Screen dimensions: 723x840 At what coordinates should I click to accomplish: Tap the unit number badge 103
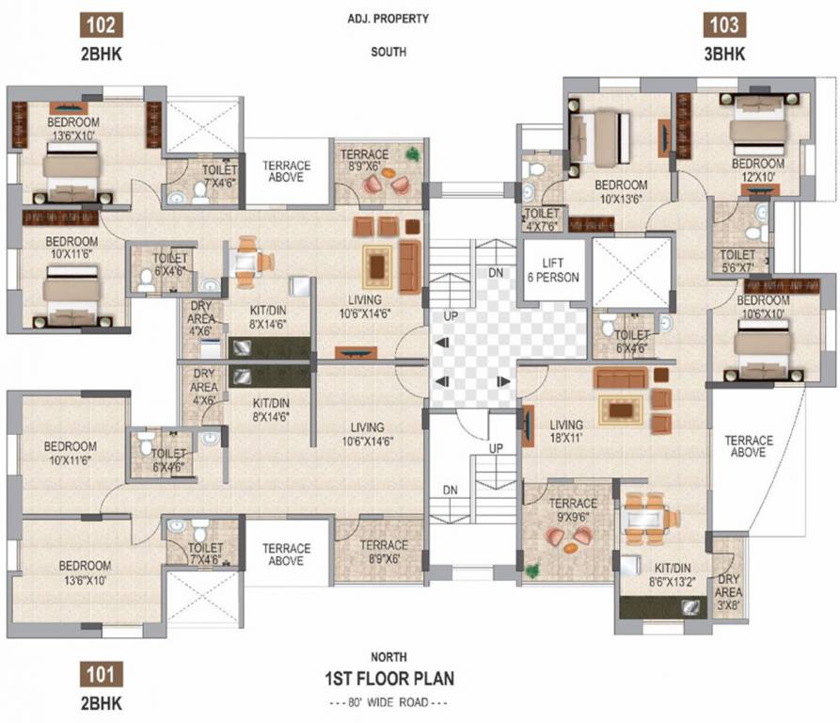coord(725,24)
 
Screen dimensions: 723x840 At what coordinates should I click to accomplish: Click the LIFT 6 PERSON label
coord(552,270)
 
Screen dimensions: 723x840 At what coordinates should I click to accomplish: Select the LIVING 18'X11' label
coord(566,431)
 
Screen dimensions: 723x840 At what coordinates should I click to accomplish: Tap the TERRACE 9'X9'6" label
coord(573,509)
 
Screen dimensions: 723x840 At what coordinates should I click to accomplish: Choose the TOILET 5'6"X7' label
coord(737,261)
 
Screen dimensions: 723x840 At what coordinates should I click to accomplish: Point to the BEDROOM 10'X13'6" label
coord(620,191)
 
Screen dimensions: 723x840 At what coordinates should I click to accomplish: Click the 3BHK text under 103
coord(725,55)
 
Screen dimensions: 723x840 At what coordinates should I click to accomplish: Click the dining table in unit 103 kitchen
coord(648,519)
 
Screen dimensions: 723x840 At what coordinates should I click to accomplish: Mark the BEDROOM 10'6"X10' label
coord(763,307)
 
